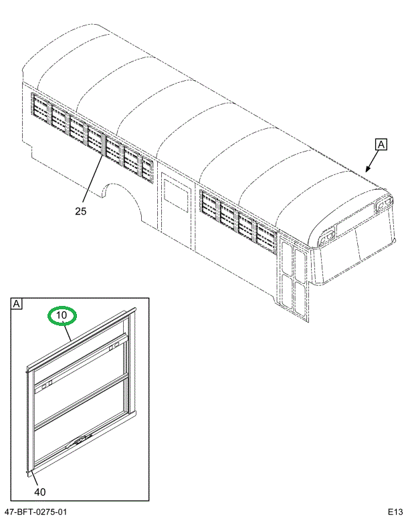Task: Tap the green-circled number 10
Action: [62, 316]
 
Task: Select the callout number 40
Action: [39, 492]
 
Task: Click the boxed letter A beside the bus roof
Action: [381, 144]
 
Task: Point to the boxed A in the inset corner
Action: [17, 305]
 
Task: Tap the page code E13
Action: [394, 512]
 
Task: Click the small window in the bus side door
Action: [177, 198]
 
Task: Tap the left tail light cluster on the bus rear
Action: [328, 236]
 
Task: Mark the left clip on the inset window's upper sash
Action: [46, 385]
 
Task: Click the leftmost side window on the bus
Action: [41, 110]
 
